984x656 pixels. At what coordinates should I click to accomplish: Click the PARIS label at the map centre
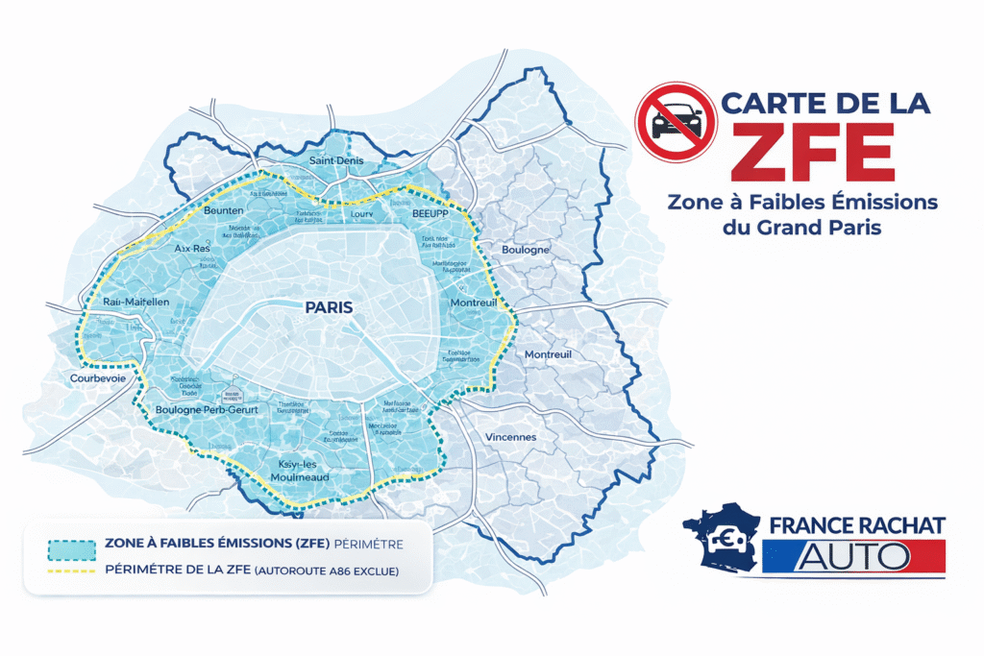[328, 308]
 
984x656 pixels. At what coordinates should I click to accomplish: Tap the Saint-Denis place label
[336, 160]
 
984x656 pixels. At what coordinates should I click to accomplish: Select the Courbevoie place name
[99, 378]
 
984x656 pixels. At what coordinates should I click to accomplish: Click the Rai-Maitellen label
[135, 303]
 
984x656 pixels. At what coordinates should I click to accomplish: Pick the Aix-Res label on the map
[192, 248]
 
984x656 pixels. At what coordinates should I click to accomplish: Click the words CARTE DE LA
[825, 103]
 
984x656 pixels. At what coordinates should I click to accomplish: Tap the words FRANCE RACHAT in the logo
[857, 524]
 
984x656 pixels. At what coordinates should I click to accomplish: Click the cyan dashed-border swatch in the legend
[71, 548]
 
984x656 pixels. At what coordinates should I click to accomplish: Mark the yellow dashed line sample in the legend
[71, 571]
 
